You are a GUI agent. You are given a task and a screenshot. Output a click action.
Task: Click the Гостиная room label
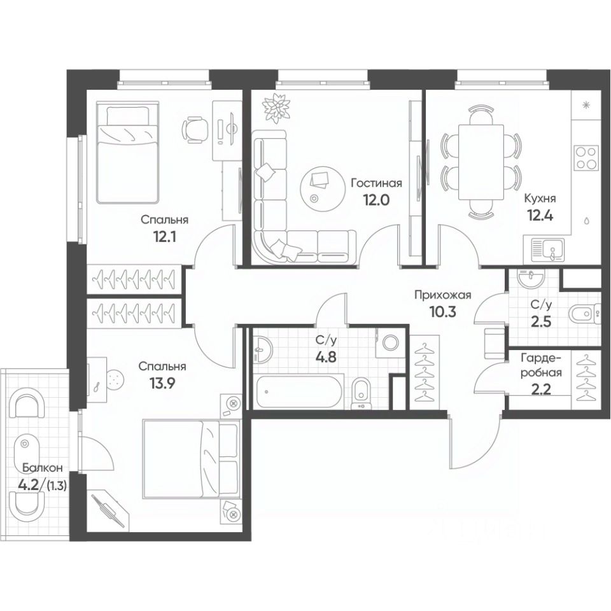click(x=376, y=183)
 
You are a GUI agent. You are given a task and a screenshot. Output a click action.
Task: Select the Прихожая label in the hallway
click(x=442, y=295)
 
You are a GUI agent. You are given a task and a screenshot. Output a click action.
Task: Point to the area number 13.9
click(x=162, y=384)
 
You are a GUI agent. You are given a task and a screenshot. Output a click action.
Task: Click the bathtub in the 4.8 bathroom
click(x=299, y=391)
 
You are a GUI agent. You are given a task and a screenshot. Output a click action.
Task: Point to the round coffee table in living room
click(x=318, y=184)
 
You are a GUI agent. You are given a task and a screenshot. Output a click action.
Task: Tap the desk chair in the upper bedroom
click(x=195, y=129)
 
